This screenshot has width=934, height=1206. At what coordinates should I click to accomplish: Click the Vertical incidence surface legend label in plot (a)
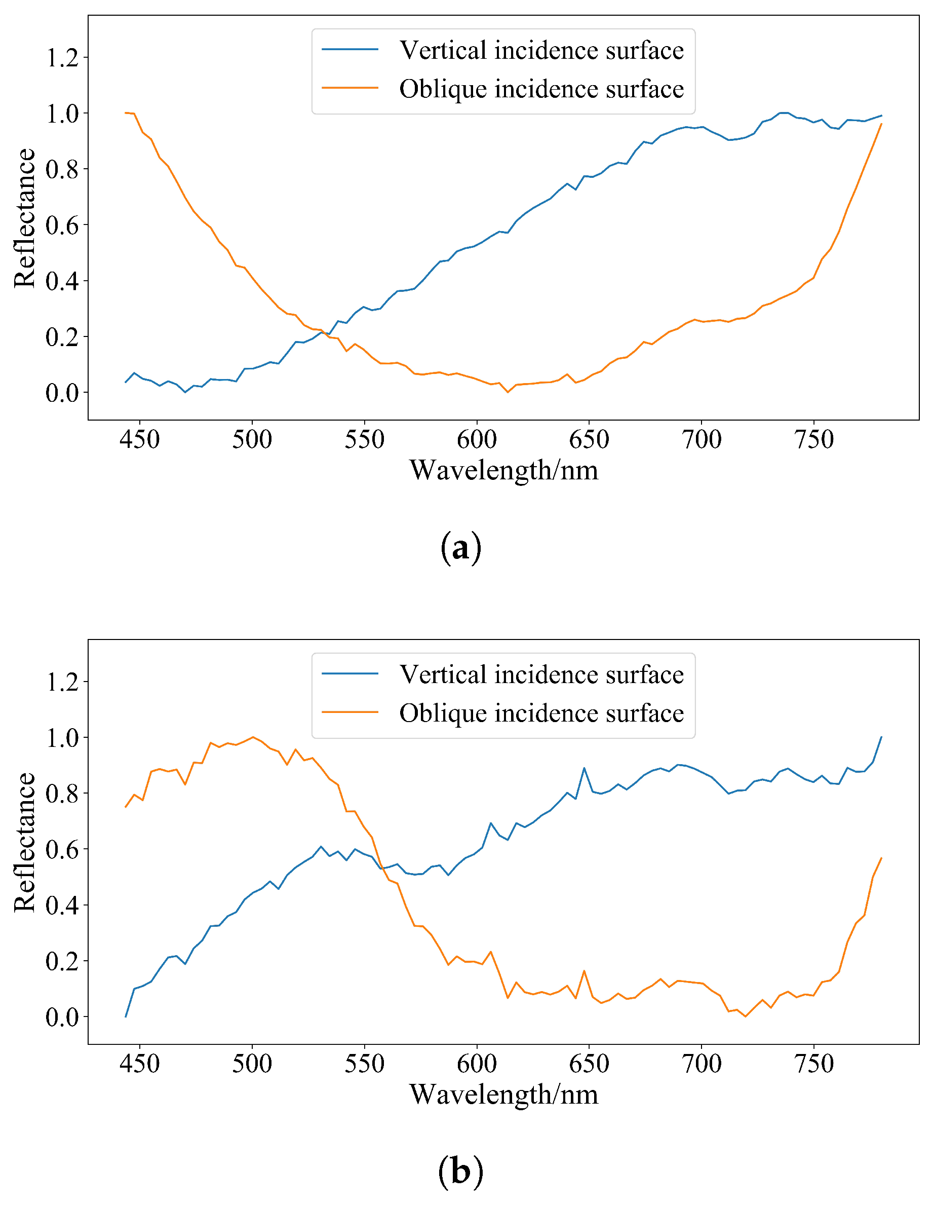tap(541, 51)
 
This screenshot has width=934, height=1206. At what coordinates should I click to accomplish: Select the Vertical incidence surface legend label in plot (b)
tap(541, 675)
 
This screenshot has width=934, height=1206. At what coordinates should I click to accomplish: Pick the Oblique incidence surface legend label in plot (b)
tap(541, 713)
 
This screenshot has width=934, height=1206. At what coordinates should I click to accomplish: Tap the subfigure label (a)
tap(461, 548)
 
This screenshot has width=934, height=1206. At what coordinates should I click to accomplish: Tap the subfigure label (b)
tap(461, 1171)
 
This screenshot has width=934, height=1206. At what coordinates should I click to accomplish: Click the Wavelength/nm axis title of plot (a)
tap(503, 470)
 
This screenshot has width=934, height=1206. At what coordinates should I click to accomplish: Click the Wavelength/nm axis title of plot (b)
tap(503, 1095)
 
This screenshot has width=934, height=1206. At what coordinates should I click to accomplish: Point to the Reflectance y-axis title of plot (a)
tap(25, 217)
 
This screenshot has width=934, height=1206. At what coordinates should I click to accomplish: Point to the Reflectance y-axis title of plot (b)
tap(25, 842)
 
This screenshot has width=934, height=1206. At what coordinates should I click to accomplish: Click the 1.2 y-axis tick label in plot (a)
tap(62, 57)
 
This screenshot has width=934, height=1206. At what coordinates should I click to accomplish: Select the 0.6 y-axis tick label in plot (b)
tap(62, 849)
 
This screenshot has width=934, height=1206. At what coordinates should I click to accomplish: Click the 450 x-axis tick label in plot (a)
tap(140, 439)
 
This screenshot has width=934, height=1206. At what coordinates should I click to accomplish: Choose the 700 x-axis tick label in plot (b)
tap(702, 1064)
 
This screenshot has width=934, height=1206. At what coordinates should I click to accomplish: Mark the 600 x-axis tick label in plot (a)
tap(477, 439)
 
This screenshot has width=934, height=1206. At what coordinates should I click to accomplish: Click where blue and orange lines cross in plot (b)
tap(382, 868)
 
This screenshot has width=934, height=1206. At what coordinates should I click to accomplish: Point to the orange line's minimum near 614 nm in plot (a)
tap(508, 392)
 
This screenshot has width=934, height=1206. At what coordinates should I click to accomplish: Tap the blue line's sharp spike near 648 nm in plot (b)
tap(584, 768)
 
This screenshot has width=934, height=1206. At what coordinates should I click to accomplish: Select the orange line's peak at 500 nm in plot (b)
tap(253, 737)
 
